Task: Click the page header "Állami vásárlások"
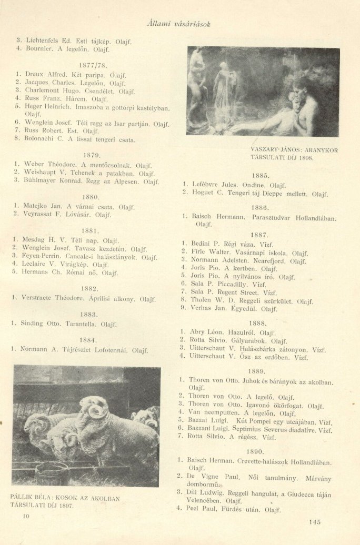click(179, 24)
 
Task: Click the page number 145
click(315, 522)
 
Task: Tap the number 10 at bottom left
click(27, 517)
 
